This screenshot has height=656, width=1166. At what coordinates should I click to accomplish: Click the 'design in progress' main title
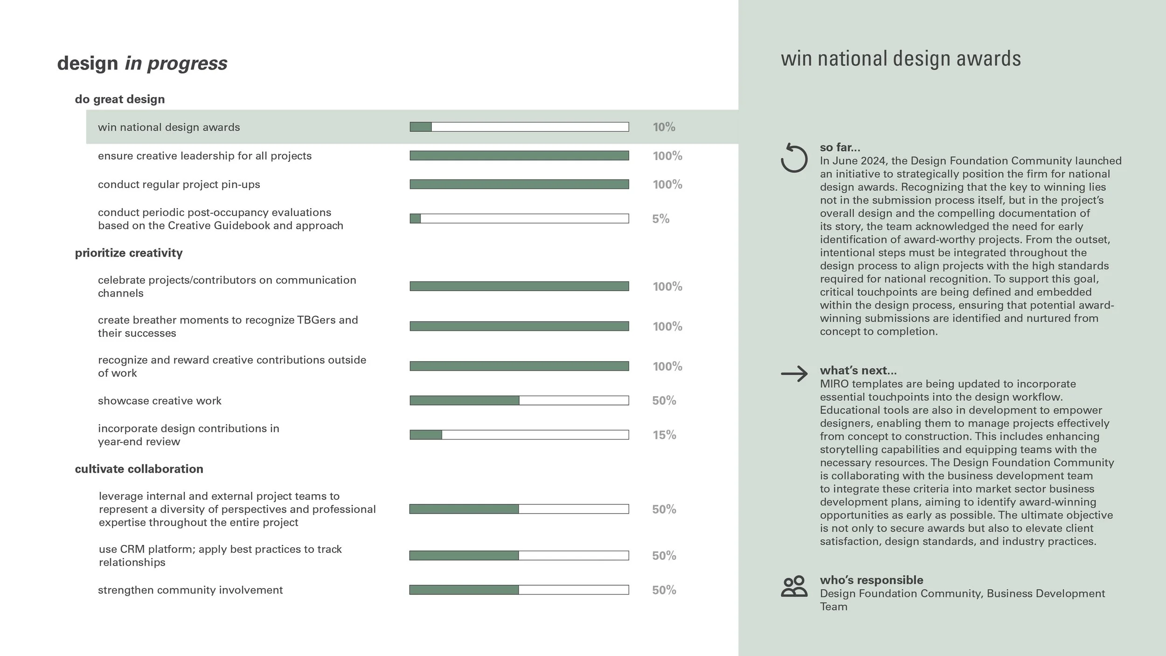(x=142, y=63)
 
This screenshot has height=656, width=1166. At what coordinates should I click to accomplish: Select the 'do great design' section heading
(x=120, y=99)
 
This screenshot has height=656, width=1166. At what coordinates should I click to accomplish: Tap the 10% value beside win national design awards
(x=664, y=127)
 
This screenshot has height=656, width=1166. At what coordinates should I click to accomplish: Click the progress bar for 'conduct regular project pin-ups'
(x=519, y=184)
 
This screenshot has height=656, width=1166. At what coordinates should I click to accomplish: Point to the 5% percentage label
(x=660, y=219)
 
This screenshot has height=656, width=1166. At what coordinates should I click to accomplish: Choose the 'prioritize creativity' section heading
(x=129, y=253)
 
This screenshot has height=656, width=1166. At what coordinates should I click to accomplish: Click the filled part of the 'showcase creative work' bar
(x=464, y=400)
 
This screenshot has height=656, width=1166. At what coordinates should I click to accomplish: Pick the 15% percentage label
(x=664, y=435)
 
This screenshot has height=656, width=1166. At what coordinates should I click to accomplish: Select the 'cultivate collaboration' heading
(x=139, y=469)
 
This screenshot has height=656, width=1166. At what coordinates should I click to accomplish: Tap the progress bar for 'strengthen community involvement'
(x=519, y=590)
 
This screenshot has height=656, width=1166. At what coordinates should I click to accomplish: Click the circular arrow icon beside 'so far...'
(x=794, y=158)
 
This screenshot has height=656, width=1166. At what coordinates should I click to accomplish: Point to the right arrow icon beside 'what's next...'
(x=794, y=374)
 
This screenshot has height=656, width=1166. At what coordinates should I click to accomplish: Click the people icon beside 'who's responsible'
(x=794, y=586)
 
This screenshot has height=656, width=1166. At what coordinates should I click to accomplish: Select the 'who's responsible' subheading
(x=871, y=580)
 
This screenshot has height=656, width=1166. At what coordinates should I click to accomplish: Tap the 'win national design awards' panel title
(x=901, y=59)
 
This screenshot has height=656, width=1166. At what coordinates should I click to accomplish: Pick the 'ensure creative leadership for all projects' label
(x=205, y=156)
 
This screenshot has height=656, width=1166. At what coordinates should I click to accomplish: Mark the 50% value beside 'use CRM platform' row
(x=664, y=556)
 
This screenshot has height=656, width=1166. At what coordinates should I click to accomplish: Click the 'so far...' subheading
(x=840, y=147)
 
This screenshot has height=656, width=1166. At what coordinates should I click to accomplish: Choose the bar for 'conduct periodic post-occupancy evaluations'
(x=519, y=218)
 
